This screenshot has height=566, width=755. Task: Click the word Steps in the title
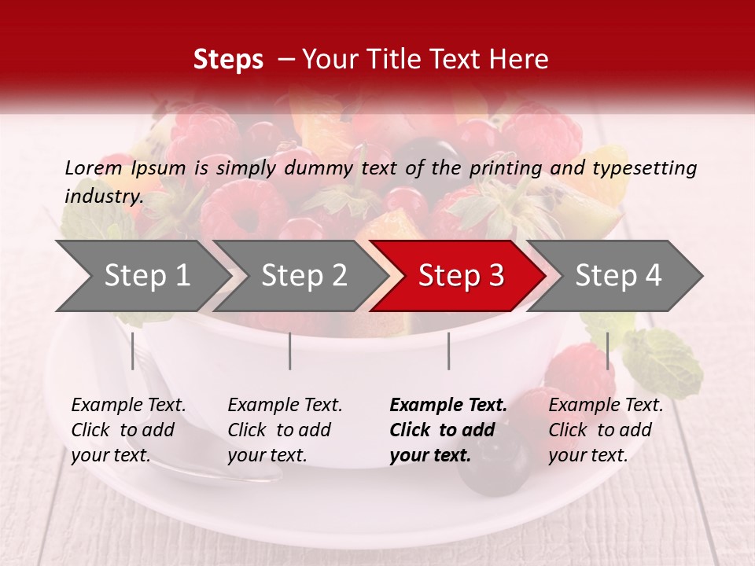tap(228, 60)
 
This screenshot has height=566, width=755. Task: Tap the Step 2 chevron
tap(303, 275)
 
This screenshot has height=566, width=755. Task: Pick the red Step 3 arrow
tap(460, 275)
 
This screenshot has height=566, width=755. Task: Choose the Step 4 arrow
tap(617, 275)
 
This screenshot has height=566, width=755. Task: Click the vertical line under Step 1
tap(133, 351)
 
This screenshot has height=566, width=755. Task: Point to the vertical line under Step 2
tap(290, 351)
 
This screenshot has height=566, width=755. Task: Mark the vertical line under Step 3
tap(448, 351)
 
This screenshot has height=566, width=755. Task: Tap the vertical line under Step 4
tap(607, 351)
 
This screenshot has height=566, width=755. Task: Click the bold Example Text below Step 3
tap(447, 430)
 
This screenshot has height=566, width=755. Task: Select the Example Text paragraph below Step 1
tap(127, 430)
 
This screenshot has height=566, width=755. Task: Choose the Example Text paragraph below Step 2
tap(284, 430)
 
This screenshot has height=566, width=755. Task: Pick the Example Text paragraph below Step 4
tap(605, 430)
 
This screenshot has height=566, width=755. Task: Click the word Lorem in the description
tap(94, 167)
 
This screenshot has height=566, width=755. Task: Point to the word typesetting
tap(644, 168)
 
